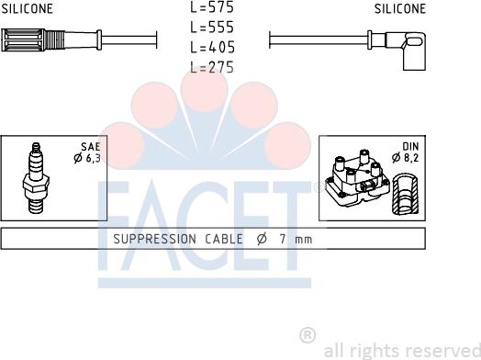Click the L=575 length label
[212, 7]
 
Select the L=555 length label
[212, 27]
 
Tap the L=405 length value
[212, 47]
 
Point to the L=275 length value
[212, 67]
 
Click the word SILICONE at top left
[27, 8]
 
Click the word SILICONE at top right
[400, 8]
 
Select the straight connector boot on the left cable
[51, 39]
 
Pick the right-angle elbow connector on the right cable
[397, 49]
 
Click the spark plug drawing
[36, 177]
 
